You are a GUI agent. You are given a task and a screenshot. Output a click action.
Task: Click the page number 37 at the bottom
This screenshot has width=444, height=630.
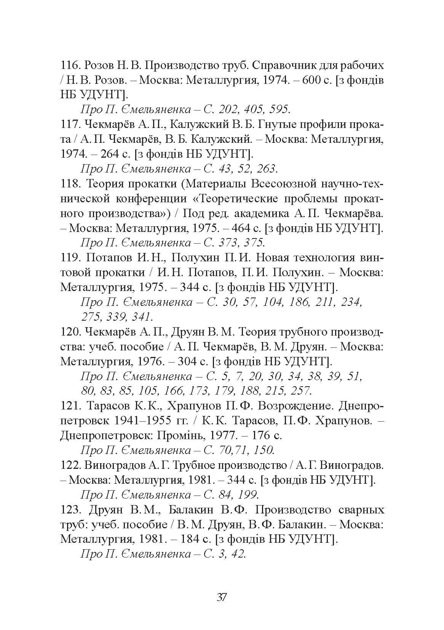click(x=222, y=597)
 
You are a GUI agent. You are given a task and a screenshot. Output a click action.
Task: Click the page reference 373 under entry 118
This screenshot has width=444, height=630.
click(x=230, y=243)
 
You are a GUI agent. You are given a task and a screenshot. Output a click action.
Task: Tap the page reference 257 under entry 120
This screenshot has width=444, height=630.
click(x=300, y=391)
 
